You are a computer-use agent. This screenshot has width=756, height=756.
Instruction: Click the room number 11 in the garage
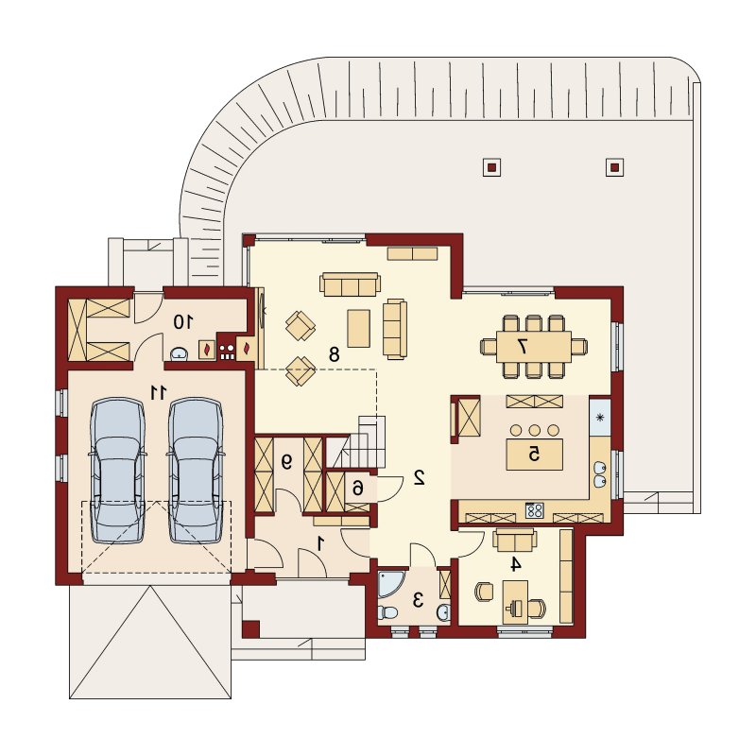158,392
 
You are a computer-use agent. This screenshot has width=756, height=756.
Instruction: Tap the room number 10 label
183,321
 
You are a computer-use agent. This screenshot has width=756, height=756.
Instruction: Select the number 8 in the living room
334,354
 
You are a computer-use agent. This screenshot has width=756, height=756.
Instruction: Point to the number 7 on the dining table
522,346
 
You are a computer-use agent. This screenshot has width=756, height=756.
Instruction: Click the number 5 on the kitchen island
534,454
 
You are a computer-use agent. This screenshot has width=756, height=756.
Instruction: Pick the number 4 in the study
516,563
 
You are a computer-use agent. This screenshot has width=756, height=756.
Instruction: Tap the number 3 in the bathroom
418,600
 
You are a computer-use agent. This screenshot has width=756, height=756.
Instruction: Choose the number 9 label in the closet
286,463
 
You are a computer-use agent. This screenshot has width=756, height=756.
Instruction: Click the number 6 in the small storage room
357,489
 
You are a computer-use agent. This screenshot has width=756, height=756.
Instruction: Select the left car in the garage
117,471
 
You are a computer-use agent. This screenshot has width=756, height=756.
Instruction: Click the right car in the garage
196,471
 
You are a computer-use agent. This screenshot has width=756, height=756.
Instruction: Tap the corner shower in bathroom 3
390,583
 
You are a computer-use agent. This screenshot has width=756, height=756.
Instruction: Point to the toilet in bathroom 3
387,612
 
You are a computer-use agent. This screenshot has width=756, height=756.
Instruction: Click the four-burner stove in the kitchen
534,510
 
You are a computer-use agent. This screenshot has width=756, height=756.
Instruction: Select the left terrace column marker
491,167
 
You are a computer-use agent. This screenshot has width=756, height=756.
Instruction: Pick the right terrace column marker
614,167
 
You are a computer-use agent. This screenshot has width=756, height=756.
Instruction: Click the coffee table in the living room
359,328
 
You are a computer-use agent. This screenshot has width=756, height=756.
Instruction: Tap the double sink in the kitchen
600,474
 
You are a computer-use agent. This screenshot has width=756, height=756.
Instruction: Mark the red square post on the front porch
250,629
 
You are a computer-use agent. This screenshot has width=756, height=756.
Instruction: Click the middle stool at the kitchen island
534,430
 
